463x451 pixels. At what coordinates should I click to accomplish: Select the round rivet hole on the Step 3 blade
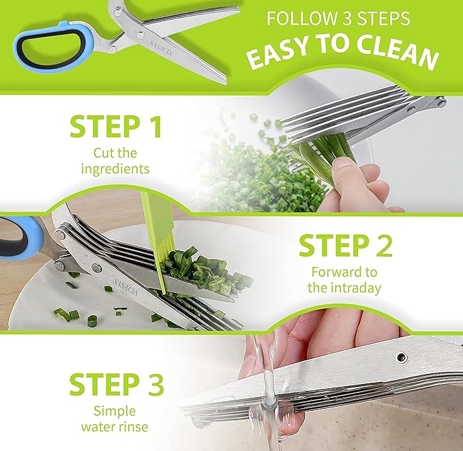402,357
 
